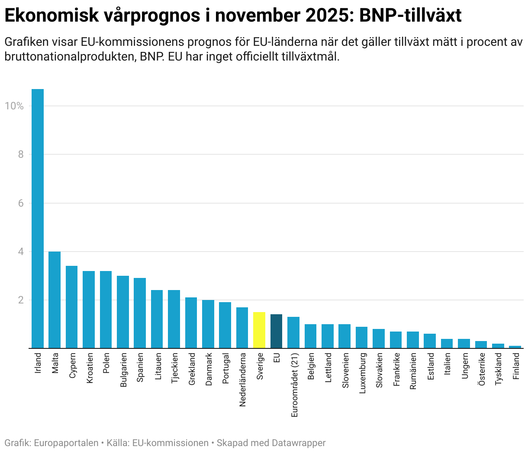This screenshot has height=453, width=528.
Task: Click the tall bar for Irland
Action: pos(38,218)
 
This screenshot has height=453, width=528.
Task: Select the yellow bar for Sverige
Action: pos(259,330)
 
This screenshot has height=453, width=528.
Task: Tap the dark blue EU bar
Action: pos(276,331)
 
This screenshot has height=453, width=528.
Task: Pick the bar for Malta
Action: pos(55,300)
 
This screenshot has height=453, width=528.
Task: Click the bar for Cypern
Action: pos(71,307)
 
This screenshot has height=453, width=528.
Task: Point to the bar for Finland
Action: pos(515,347)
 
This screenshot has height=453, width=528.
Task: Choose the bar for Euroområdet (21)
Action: pos(293,332)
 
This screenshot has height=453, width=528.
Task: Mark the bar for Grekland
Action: pos(191,322)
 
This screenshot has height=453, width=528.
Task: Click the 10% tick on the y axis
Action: pos(14,106)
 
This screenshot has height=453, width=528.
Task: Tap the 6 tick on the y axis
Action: pos(20,203)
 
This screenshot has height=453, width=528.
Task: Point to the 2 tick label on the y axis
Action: pos(20,300)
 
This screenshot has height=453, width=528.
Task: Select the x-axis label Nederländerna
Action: pos(243,380)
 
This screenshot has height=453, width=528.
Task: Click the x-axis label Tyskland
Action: pos(499,369)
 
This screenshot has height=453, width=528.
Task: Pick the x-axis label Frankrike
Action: pos(396,370)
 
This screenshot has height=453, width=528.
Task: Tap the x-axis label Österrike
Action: pos(481,369)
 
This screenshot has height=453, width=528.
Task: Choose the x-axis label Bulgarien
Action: pos(123,370)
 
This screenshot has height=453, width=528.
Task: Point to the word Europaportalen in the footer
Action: pos(66,443)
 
